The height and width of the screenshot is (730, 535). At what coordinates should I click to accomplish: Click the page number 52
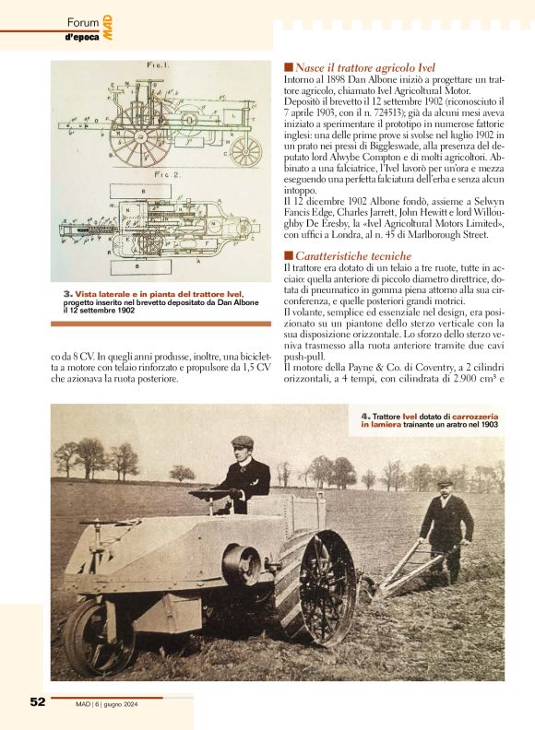(37, 701)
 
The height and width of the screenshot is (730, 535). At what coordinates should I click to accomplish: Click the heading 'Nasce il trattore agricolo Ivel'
(365, 67)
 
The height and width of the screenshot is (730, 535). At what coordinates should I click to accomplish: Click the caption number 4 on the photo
(364, 416)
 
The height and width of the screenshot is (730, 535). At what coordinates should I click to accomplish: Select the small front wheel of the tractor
(99, 636)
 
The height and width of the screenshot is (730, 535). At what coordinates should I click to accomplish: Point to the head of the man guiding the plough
(446, 484)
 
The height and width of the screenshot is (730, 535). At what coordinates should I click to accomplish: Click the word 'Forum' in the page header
(83, 23)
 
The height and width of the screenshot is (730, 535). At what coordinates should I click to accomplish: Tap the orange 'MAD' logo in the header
(108, 27)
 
